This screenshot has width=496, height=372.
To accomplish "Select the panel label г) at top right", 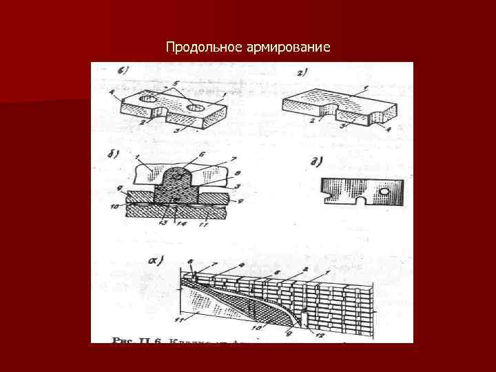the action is (x=301, y=72).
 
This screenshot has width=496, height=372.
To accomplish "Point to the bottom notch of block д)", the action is (x=358, y=201).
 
